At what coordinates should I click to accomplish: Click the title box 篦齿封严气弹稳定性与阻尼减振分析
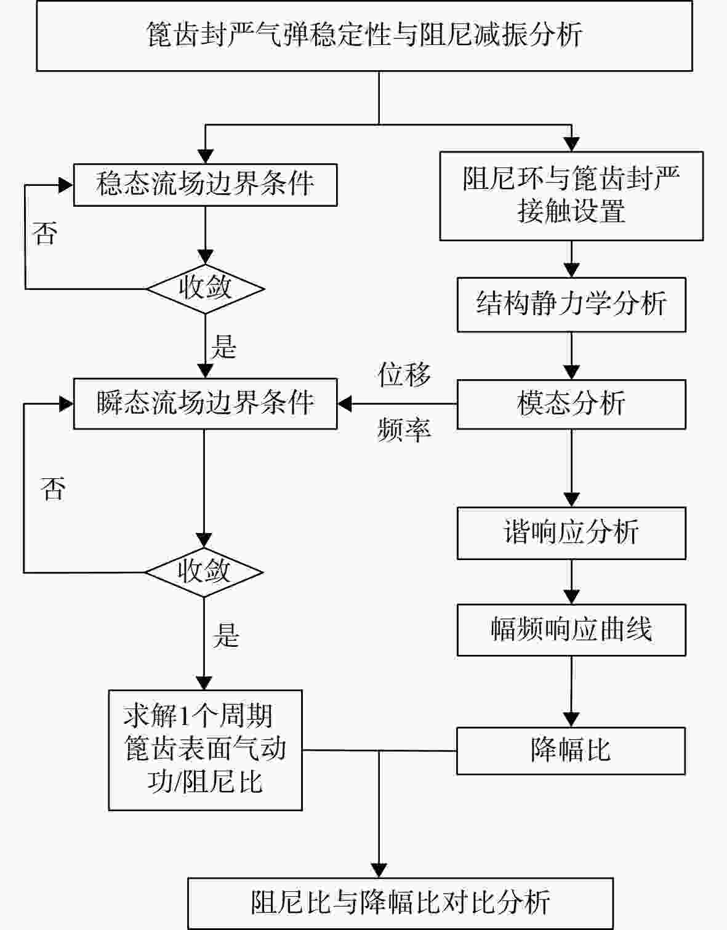tap(364, 36)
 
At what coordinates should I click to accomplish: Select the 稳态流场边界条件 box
tap(206, 185)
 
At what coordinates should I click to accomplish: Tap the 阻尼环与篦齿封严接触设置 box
tap(571, 196)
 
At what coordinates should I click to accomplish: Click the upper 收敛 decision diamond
tap(206, 289)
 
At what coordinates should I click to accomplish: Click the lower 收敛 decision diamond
tap(204, 572)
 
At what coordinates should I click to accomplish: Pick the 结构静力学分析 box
tap(571, 305)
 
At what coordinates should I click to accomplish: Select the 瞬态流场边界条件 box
tap(206, 404)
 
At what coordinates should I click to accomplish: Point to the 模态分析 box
tap(571, 404)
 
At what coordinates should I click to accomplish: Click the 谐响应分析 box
tap(571, 533)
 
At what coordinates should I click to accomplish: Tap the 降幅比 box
tap(571, 751)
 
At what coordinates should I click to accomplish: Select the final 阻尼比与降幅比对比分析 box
tap(401, 903)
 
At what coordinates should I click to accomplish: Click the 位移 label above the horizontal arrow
tap(404, 374)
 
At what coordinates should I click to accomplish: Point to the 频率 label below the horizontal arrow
tap(404, 430)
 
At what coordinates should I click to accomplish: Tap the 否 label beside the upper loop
tap(45, 233)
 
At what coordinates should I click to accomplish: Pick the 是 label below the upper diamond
tap(224, 347)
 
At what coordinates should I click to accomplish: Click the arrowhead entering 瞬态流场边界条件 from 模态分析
tap(345, 404)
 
